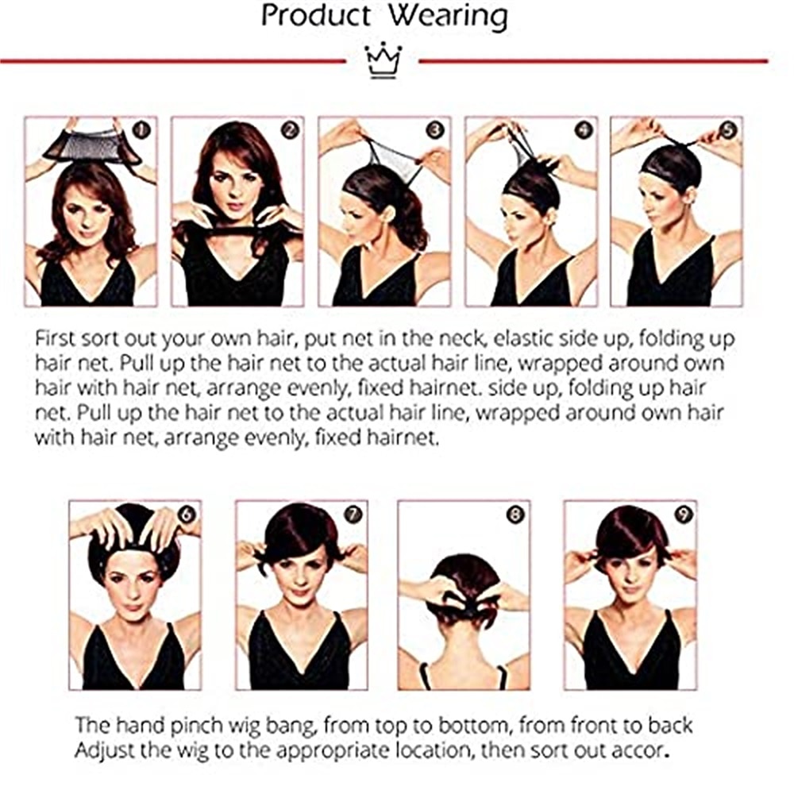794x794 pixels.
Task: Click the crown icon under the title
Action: (384, 61)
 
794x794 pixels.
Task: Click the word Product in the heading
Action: (316, 15)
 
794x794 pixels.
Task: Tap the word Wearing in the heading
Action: (448, 17)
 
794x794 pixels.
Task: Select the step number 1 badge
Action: (141, 130)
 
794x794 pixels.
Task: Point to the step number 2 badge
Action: (290, 130)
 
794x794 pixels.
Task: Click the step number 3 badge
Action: (435, 130)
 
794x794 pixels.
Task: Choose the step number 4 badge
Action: (584, 130)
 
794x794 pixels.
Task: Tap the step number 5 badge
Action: (728, 130)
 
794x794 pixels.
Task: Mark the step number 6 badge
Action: (187, 515)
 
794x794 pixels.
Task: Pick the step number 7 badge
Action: (353, 515)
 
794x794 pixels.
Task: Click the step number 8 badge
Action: (515, 515)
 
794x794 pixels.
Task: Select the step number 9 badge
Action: (683, 515)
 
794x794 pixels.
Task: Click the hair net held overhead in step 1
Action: (91, 145)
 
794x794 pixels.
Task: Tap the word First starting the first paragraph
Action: (56, 339)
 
